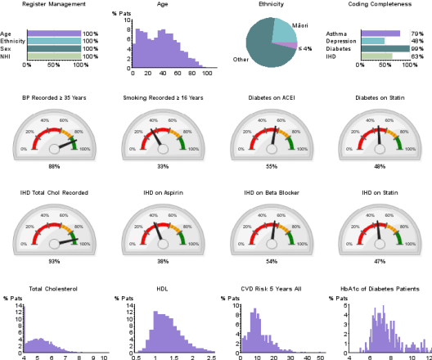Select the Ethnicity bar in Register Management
pos(53,41)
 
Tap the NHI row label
pos(7,56)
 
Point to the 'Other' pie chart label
pos(241,60)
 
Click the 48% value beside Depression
pos(416,41)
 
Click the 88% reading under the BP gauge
pos(55,166)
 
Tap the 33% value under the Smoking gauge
pos(162,166)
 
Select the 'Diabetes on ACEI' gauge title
pos(272,98)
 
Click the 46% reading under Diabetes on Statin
pos(380,166)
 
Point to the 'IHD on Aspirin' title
pos(162,193)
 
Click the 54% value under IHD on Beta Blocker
pos(272,261)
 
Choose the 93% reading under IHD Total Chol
pos(55,261)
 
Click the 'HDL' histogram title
pos(162,289)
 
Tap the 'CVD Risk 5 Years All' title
pos(272,289)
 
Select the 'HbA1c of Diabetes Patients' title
pos(380,289)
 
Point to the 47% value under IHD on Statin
pos(380,261)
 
